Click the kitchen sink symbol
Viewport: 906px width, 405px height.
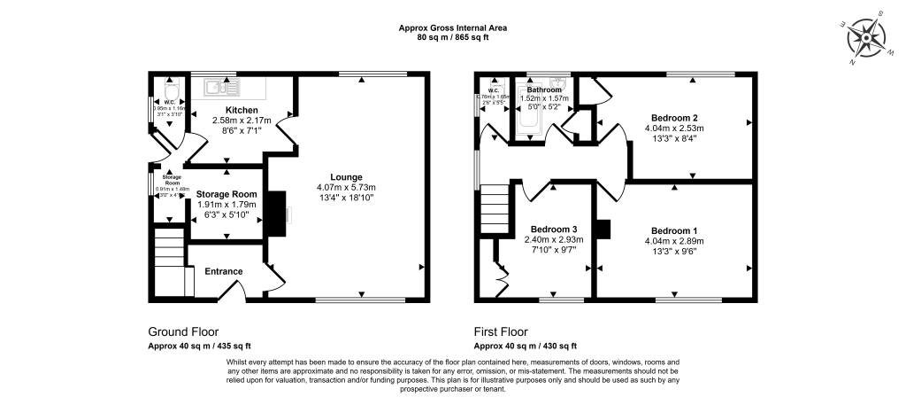coord(222,87)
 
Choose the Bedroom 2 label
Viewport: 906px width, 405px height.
coord(675,117)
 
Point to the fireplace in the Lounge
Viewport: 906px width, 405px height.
coord(277,214)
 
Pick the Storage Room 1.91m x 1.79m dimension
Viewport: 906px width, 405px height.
coord(226,205)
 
